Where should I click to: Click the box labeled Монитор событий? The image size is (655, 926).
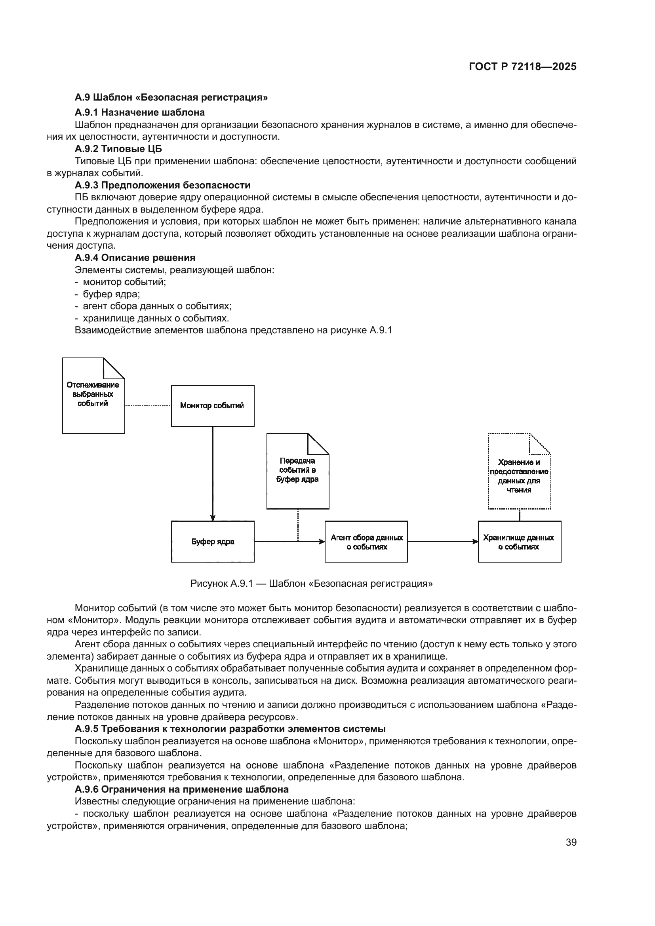click(x=213, y=406)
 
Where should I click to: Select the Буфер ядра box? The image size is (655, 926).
click(x=213, y=541)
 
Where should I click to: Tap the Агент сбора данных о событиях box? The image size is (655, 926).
click(x=366, y=542)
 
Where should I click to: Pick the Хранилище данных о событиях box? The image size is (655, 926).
click(x=520, y=542)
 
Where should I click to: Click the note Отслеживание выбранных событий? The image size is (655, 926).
click(x=93, y=395)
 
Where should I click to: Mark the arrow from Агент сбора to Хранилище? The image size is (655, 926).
click(x=443, y=542)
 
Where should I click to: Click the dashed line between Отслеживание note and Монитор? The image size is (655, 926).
click(x=148, y=406)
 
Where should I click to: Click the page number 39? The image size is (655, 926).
click(x=571, y=842)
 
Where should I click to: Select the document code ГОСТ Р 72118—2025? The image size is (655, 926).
click(x=523, y=67)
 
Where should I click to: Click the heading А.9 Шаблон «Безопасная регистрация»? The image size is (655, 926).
click(x=171, y=97)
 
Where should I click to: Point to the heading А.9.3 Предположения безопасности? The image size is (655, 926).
click(x=162, y=185)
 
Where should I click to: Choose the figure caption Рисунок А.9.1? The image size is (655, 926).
click(x=311, y=584)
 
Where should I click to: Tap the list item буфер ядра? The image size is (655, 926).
click(x=111, y=294)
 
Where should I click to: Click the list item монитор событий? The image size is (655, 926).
click(x=124, y=282)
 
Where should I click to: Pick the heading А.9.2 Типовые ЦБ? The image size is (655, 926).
click(x=118, y=149)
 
